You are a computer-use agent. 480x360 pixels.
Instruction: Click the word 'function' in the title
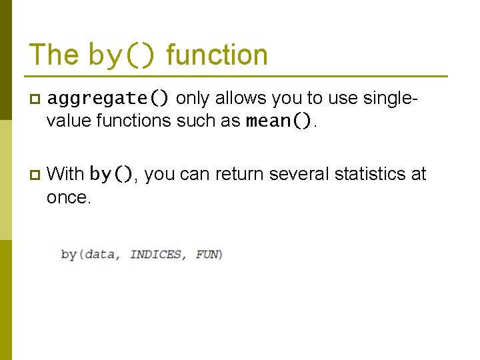pyautogui.click(x=217, y=55)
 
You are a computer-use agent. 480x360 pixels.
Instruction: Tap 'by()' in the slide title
pyautogui.click(x=122, y=55)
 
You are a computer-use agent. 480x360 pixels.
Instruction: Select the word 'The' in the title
pyautogui.click(x=54, y=55)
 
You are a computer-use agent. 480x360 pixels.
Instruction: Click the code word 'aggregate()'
pyautogui.click(x=108, y=99)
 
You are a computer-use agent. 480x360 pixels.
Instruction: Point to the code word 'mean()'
pyautogui.click(x=278, y=121)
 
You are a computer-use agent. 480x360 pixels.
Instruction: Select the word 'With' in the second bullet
pyautogui.click(x=65, y=174)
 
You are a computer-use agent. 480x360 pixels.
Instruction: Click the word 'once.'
pyautogui.click(x=69, y=197)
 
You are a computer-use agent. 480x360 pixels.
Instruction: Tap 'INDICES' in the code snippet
pyautogui.click(x=155, y=254)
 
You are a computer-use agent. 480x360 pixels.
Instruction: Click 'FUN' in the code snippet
pyautogui.click(x=209, y=254)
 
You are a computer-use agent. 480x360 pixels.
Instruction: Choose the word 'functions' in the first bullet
pyautogui.click(x=133, y=121)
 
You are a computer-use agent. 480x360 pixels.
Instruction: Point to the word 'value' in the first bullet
pyautogui.click(x=69, y=121)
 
